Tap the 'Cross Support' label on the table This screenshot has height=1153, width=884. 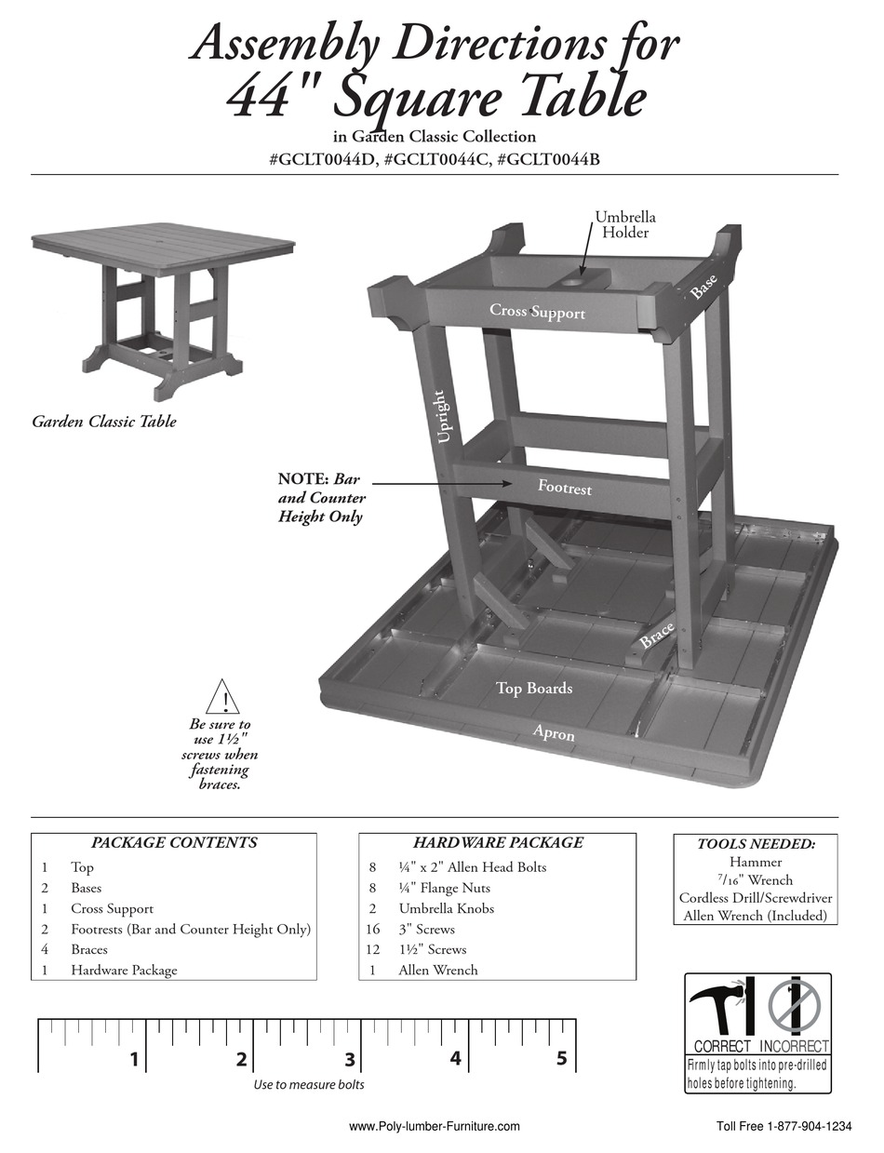pyautogui.click(x=537, y=312)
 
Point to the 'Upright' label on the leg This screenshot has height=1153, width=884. pyautogui.click(x=444, y=418)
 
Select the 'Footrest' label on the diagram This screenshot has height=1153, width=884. pyautogui.click(x=564, y=487)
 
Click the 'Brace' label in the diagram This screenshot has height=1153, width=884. pyautogui.click(x=656, y=637)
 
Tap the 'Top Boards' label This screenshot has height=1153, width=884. pyautogui.click(x=533, y=689)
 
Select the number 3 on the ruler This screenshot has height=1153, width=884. pyautogui.click(x=349, y=1059)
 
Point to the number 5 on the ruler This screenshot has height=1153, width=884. pyautogui.click(x=561, y=1058)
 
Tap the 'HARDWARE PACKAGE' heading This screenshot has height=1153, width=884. pyautogui.click(x=498, y=843)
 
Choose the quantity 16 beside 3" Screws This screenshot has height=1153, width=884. pyautogui.click(x=372, y=929)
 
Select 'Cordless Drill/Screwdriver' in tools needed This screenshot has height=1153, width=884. pyautogui.click(x=756, y=898)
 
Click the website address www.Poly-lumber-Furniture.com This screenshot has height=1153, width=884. pyautogui.click(x=434, y=1126)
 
